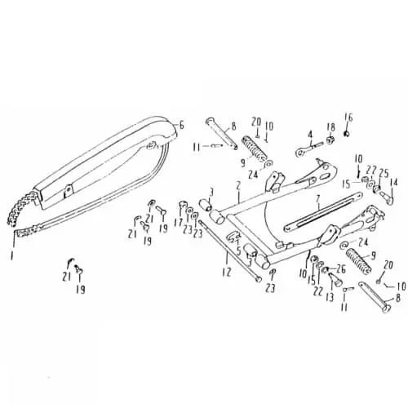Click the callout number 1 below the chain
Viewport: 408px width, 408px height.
[x=11, y=255]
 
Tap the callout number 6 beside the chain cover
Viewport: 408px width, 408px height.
[x=182, y=125]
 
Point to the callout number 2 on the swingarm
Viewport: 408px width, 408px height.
[x=238, y=186]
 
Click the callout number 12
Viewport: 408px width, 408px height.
[x=226, y=272]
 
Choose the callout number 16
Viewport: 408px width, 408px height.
[x=348, y=118]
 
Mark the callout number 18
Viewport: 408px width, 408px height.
[x=331, y=128]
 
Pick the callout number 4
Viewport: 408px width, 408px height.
[x=310, y=135]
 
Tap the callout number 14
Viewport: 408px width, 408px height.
[x=393, y=183]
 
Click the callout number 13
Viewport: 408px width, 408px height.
[x=330, y=297]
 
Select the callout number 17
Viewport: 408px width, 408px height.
[x=179, y=223]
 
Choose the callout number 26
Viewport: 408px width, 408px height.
[x=341, y=269]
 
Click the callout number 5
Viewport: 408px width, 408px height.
[x=238, y=251]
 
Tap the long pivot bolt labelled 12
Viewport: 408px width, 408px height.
[x=230, y=251]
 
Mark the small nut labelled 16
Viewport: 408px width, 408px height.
[x=347, y=134]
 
